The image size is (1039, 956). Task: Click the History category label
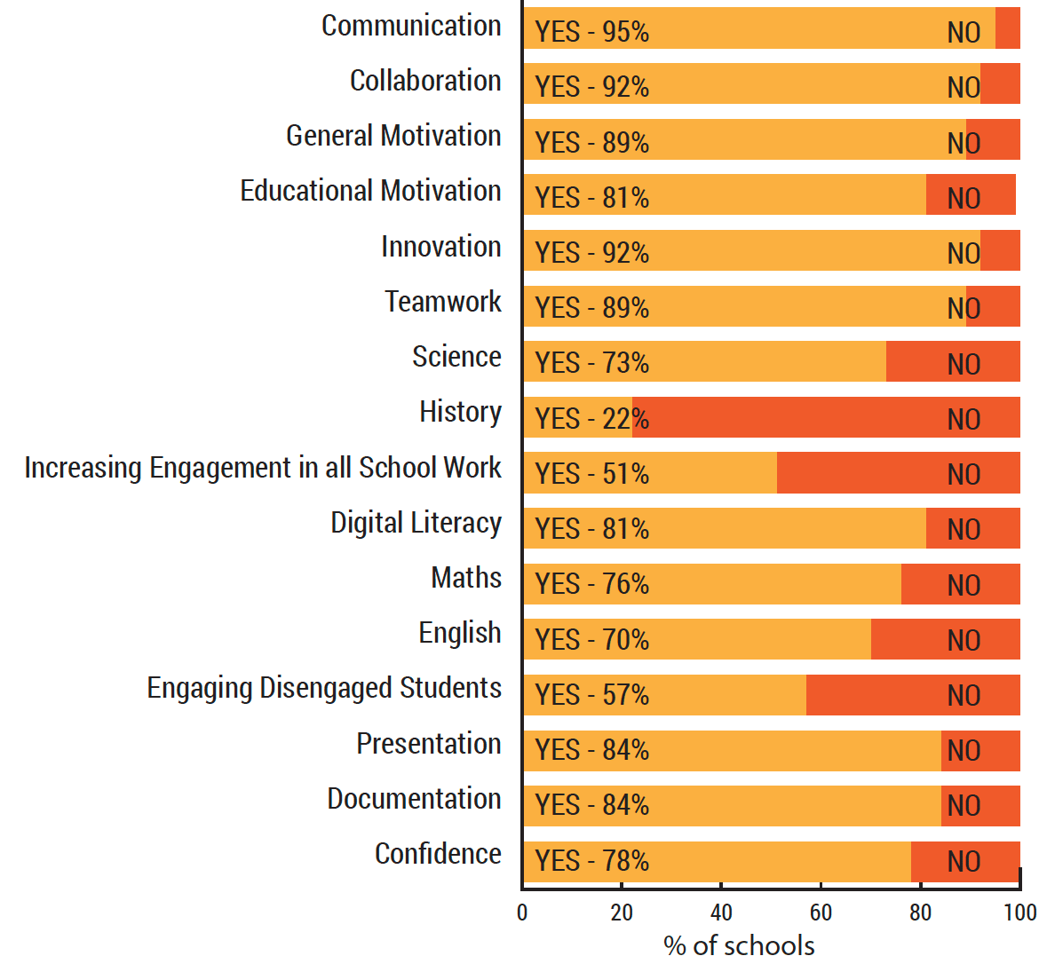pos(460,413)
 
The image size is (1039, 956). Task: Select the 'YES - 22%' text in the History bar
pos(591,419)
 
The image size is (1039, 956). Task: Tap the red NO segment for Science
pos(953,362)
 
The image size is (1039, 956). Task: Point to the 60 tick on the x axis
pos(821,913)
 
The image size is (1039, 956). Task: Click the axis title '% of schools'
pos(739,944)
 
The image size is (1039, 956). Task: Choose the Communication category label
pos(411,26)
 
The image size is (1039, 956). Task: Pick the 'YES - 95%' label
pos(591,32)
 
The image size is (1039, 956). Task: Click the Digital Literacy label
pos(416,523)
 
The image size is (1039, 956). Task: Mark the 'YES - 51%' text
pos(591,474)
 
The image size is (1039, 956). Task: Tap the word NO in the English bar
pos(964,640)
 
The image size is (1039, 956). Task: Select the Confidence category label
pos(438,854)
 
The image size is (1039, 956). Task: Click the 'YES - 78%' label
pos(591,861)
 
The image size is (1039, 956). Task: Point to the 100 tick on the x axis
pos(1020,913)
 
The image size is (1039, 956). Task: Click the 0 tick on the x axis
pos(522,913)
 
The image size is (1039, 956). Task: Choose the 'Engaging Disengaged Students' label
pos(324,688)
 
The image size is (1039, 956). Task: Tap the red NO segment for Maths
pos(960,584)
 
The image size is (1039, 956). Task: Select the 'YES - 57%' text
pos(591,695)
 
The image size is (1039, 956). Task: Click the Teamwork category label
pos(443,302)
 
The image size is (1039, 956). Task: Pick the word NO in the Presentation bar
pos(964,751)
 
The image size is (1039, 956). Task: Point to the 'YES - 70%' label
pos(591,640)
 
